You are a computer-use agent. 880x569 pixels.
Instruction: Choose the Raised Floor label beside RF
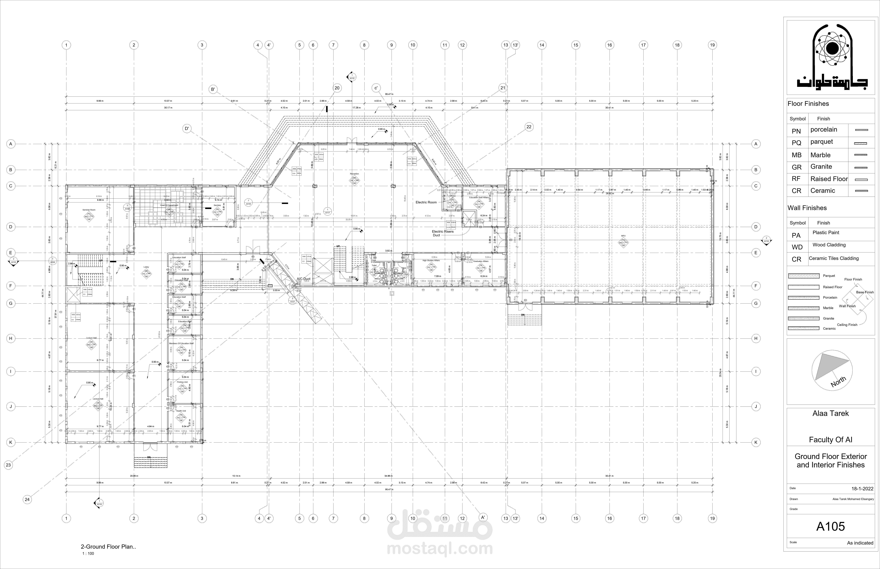[x=829, y=179]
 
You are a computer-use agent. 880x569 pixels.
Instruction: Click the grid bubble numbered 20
[x=337, y=88]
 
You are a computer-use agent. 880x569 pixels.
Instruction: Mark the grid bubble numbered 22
[x=529, y=127]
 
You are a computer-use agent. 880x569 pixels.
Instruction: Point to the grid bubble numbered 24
[x=27, y=500]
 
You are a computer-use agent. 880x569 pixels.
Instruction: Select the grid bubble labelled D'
[x=187, y=129]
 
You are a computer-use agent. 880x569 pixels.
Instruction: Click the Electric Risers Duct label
[x=442, y=233]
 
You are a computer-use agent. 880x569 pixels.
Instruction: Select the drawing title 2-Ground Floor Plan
[x=108, y=547]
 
